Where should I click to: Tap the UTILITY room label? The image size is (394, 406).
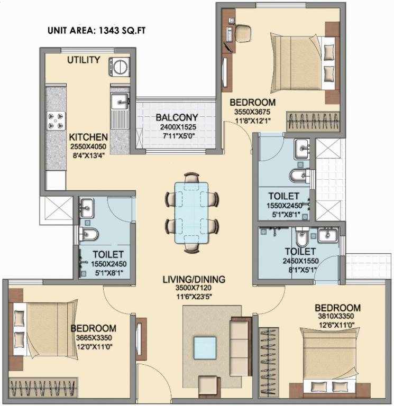[x=83, y=60]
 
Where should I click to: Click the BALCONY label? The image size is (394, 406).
[x=177, y=117]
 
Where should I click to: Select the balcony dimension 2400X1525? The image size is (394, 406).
[x=177, y=127]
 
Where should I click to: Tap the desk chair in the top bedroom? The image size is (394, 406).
[x=243, y=33]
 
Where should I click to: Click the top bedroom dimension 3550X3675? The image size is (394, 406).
[x=253, y=112]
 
